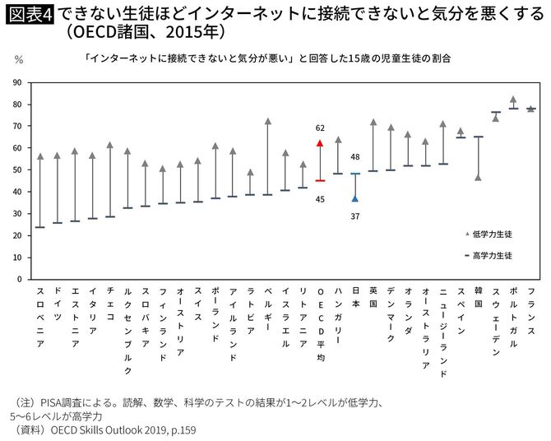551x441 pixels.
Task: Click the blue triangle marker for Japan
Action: click(x=355, y=197)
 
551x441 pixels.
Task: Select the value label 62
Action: click(x=320, y=128)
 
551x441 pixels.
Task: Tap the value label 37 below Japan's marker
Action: click(x=355, y=216)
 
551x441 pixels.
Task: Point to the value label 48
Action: click(x=355, y=156)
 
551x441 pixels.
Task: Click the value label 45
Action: click(x=320, y=197)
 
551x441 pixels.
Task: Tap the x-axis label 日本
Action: click(x=355, y=298)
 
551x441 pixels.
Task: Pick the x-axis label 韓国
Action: click(x=479, y=298)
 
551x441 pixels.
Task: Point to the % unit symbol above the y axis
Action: click(x=18, y=59)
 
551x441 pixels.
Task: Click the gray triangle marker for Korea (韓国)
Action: click(x=479, y=177)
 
